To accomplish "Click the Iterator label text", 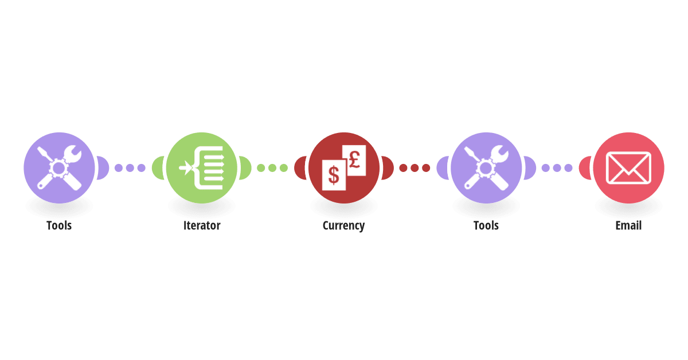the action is (202, 225).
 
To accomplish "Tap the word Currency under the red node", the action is (343, 226).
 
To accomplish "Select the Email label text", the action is (628, 225).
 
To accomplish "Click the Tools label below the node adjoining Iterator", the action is (59, 225).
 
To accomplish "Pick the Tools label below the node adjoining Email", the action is (486, 225).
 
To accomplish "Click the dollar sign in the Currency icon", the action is (334, 175).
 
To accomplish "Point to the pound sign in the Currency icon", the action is (354, 160).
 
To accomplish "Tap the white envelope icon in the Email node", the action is (628, 168).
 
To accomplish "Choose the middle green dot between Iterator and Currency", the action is (272, 168).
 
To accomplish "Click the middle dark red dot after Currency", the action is (415, 168).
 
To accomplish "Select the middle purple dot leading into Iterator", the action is (130, 168).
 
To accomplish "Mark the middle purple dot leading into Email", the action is (557, 168).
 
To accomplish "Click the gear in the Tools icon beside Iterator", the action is (58, 168).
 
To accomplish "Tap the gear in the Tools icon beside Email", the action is (486, 168).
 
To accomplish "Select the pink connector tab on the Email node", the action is (585, 168).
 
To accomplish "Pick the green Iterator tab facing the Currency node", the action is (245, 168).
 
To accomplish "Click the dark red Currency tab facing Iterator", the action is (300, 168).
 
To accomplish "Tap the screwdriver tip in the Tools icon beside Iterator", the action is (40, 149).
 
